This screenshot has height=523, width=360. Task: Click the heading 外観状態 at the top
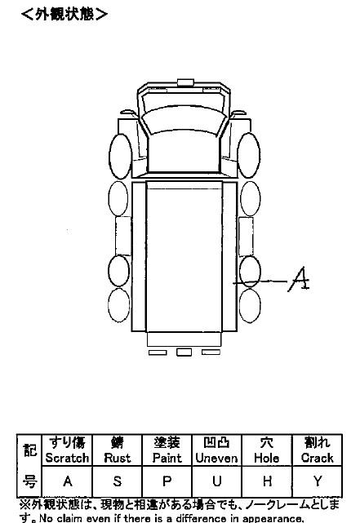click(64, 15)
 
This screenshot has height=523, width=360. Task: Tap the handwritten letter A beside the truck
click(299, 279)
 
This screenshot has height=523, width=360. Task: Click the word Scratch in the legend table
click(67, 458)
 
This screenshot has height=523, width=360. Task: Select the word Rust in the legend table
click(117, 458)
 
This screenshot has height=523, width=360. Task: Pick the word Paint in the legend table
click(167, 458)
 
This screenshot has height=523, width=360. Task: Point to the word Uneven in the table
click(216, 458)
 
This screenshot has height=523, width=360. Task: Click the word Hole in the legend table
click(267, 458)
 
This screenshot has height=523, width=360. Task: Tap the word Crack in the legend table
click(317, 458)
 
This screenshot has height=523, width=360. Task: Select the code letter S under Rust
click(117, 481)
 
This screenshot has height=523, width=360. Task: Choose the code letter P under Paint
click(167, 481)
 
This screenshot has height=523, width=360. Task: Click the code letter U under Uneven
click(217, 481)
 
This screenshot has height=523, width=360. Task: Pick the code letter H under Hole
click(267, 481)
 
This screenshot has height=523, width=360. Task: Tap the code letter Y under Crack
click(318, 481)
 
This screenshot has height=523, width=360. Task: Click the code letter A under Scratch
click(68, 481)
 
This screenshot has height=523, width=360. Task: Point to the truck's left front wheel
click(121, 157)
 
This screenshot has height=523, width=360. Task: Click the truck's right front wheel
click(248, 155)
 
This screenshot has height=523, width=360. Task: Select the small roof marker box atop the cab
click(185, 82)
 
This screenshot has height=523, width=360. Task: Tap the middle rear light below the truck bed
click(184, 352)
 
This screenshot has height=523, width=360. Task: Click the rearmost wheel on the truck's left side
click(119, 305)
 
